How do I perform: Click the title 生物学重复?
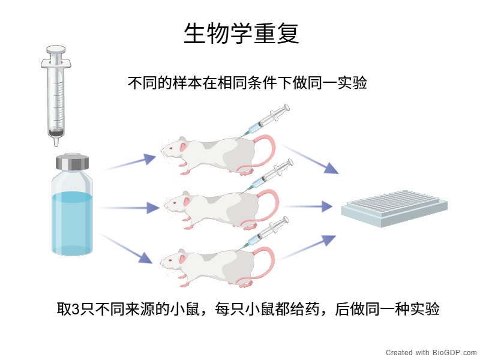coord(241,34)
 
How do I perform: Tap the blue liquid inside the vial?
coord(72,219)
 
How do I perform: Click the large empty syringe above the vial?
coord(56,90)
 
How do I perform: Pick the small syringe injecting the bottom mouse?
coord(268,230)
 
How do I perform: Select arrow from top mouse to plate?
coord(312,160)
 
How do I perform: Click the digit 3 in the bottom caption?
coord(76,310)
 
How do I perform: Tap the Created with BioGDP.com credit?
coord(431,352)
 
